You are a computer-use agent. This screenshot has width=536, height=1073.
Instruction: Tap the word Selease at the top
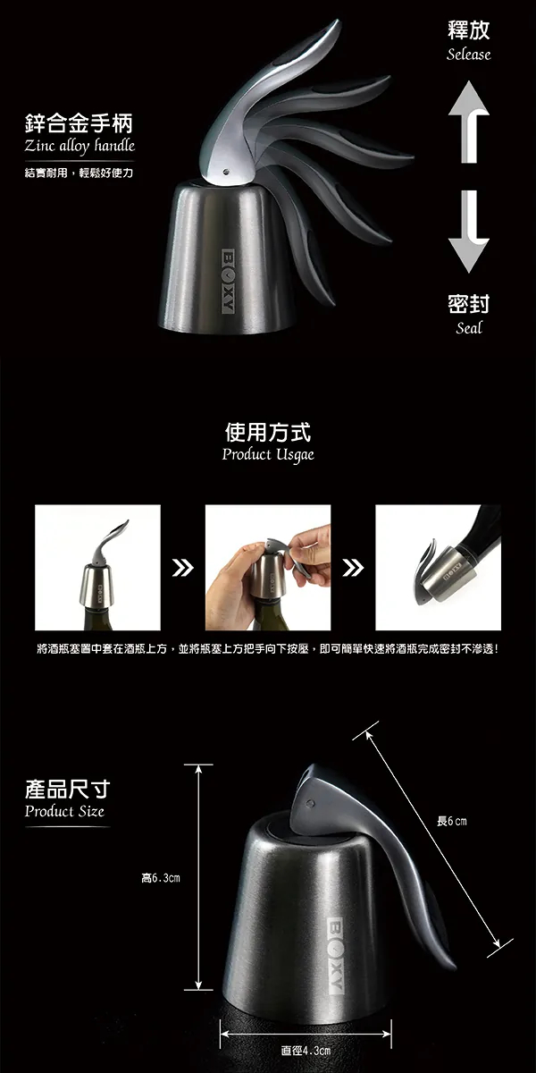[x=468, y=55]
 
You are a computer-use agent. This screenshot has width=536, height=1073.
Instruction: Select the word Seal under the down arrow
[x=468, y=327]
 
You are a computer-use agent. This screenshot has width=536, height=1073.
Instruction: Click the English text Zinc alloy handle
[x=80, y=146]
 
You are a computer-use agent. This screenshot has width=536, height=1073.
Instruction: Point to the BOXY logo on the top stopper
[x=229, y=281]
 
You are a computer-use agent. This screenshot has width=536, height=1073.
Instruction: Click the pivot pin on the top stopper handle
[x=227, y=170]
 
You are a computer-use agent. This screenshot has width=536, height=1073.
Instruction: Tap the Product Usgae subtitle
[x=268, y=454]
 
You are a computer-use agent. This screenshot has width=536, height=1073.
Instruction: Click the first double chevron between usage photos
[x=182, y=568]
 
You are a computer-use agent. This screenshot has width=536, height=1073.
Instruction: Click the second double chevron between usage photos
[x=353, y=568]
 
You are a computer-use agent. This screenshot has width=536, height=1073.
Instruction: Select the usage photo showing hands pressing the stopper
[x=268, y=568]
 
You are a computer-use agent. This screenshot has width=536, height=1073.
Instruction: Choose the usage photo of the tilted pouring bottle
[x=438, y=568]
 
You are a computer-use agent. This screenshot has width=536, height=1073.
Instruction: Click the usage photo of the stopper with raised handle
[x=97, y=568]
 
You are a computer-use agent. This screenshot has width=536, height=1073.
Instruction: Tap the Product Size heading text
[x=64, y=811]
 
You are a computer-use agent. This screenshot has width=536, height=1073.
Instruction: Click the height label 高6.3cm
[x=161, y=877]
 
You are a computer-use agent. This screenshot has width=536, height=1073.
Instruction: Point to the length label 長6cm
[x=451, y=821]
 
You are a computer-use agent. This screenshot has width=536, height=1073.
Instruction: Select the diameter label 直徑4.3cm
[x=306, y=1051]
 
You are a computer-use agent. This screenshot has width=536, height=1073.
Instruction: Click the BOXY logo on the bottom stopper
[x=336, y=956]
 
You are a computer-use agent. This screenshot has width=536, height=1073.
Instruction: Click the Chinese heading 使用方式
[x=268, y=432]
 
